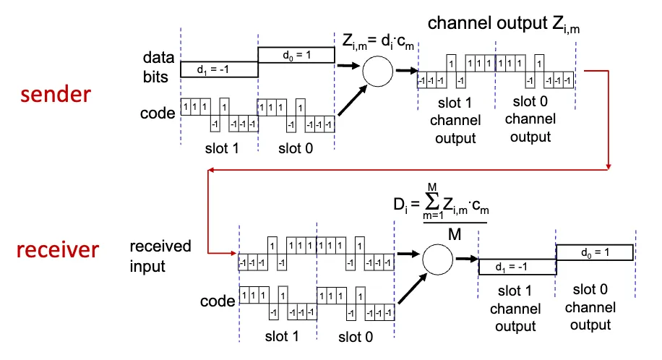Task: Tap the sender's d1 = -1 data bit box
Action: [219, 69]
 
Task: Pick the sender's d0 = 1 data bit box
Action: [296, 56]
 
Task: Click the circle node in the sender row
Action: [377, 71]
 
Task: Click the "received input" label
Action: [160, 256]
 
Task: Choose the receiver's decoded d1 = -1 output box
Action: [517, 267]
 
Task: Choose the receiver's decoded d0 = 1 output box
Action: [594, 252]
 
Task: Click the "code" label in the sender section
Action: [159, 113]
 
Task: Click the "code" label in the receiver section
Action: [219, 300]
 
